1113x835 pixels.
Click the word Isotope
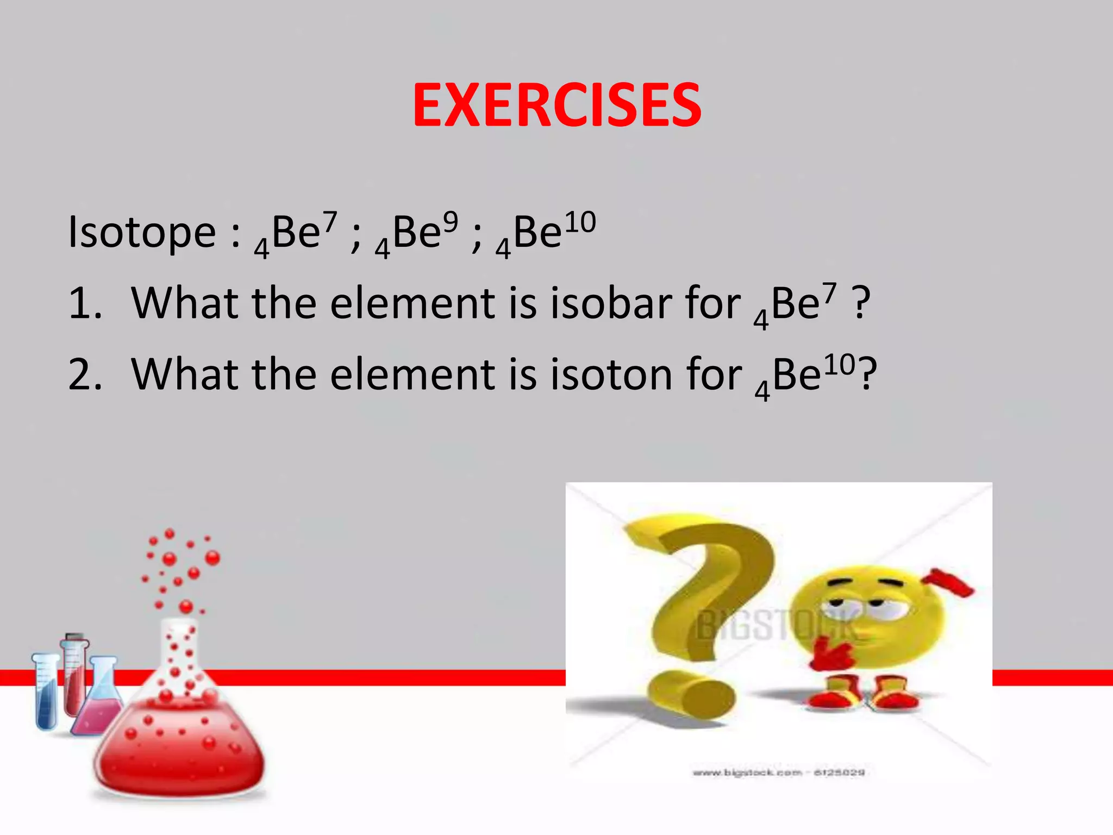click(x=142, y=233)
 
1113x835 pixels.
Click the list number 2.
click(x=84, y=375)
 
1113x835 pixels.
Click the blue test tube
click(x=46, y=693)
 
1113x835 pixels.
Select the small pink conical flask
click(x=98, y=701)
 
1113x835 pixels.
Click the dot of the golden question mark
click(x=690, y=696)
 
